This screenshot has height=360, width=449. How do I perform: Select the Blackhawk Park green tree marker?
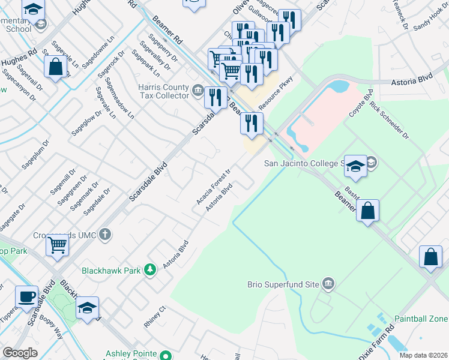(x=150, y=271)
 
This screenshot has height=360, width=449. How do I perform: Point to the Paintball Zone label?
(x=421, y=318)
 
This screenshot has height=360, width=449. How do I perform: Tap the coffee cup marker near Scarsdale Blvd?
(x=26, y=296)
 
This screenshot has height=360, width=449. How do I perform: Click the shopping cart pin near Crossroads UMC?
(x=57, y=244)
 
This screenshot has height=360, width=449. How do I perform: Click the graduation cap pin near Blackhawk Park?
(x=88, y=308)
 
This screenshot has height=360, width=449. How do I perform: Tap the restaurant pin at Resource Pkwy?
(x=252, y=123)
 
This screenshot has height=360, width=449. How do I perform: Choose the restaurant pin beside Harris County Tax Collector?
(x=215, y=97)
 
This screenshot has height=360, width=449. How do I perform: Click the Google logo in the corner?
(x=20, y=353)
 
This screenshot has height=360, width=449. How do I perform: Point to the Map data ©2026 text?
(x=423, y=355)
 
